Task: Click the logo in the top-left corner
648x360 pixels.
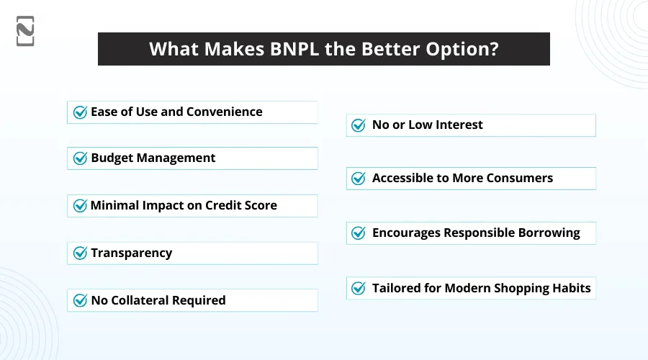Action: (25, 31)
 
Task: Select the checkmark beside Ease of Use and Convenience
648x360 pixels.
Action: (80, 112)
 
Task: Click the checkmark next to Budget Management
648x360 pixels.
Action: (80, 158)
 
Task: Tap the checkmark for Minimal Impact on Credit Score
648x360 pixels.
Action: (80, 206)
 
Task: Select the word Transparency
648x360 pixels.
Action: (132, 253)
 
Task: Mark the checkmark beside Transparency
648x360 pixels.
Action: (80, 253)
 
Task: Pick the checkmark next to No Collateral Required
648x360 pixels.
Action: (80, 300)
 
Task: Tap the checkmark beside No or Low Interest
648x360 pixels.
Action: (358, 125)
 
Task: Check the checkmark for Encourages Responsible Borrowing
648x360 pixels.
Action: (358, 233)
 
